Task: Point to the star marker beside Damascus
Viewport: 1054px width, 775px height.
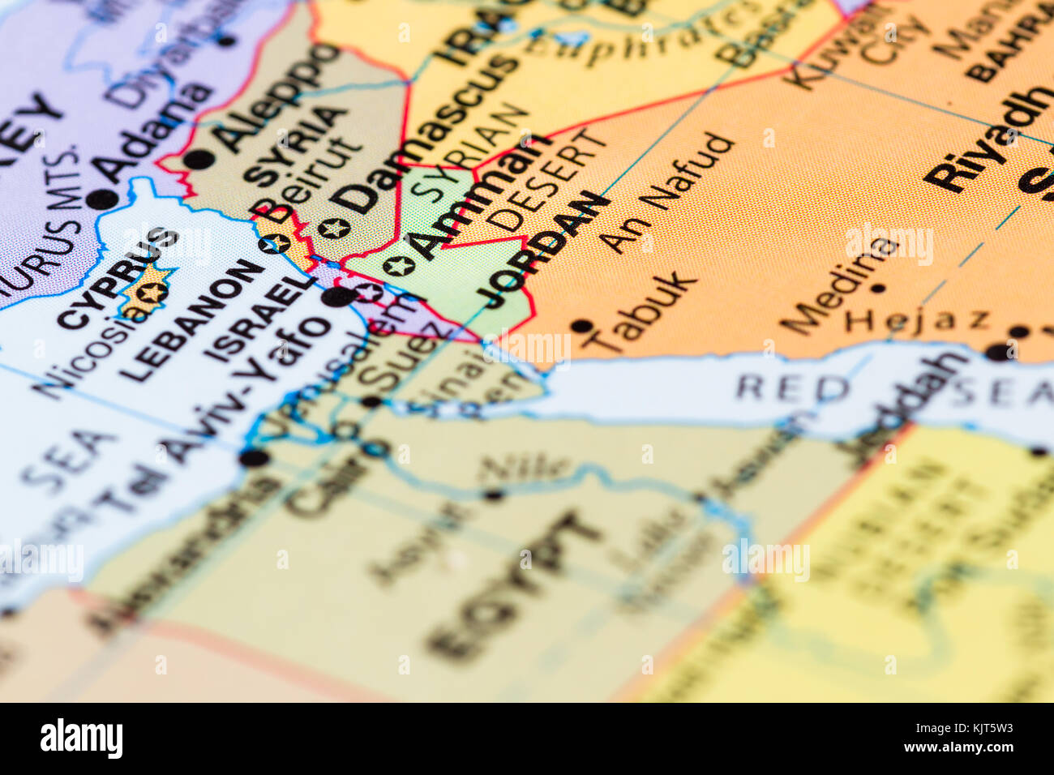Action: coord(333,228)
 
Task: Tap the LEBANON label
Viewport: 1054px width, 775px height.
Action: coord(191,320)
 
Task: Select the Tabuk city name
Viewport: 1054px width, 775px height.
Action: coord(641,312)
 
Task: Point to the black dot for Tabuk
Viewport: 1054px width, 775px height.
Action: coord(581,326)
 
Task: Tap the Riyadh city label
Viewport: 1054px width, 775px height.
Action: coord(982,139)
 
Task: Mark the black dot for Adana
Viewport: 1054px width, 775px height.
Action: coord(102,199)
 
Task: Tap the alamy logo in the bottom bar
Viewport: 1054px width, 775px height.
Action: coord(81,739)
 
